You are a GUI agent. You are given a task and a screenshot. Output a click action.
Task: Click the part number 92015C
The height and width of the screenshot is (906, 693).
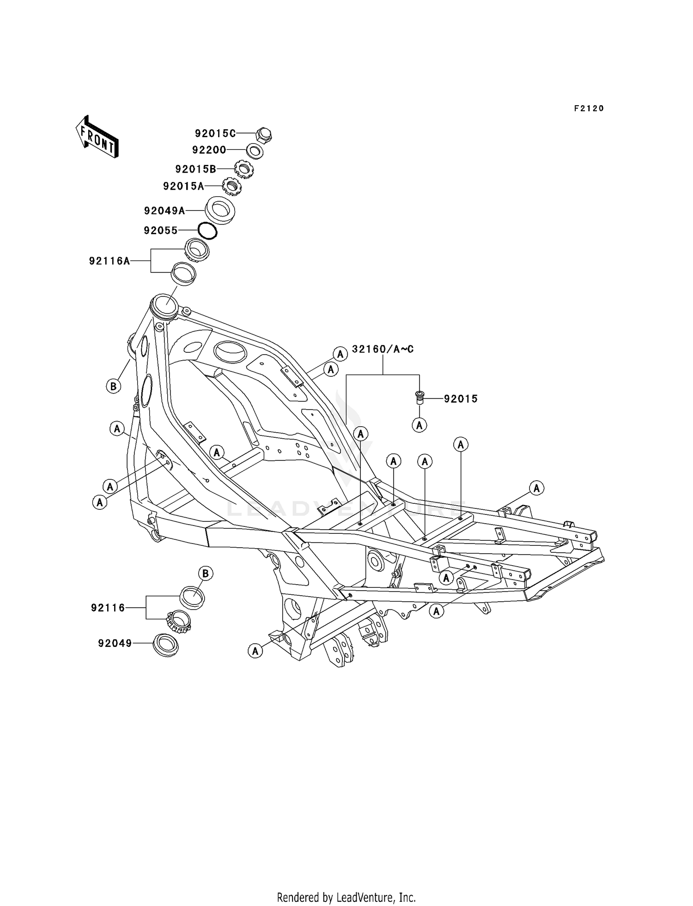[215, 134]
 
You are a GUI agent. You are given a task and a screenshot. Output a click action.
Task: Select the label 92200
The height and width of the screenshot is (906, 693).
[209, 150]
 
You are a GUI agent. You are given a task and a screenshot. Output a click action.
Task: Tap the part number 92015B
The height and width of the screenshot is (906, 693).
[195, 169]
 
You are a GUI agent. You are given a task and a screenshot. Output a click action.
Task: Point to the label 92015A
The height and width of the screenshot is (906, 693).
[183, 186]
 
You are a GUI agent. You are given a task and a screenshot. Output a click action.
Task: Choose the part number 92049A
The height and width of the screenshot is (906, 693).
[164, 211]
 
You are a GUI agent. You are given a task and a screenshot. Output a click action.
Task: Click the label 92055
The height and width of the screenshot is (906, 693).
[160, 230]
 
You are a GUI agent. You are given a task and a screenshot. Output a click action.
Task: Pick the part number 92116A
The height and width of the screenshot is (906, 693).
[109, 261]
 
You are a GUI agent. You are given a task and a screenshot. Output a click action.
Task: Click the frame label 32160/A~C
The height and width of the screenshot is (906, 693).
[383, 350]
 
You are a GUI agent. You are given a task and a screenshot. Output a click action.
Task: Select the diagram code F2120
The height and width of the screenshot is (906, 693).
[589, 109]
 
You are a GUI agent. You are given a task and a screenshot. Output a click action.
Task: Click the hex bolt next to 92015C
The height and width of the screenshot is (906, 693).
[263, 135]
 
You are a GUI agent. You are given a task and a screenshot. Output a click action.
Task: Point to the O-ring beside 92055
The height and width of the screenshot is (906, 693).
[207, 230]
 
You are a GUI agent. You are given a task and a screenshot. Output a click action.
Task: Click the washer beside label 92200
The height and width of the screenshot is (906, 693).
[255, 151]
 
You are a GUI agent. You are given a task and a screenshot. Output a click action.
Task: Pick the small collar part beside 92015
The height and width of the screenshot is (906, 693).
[419, 397]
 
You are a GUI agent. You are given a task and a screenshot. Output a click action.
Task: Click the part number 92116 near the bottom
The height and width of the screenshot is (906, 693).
[108, 608]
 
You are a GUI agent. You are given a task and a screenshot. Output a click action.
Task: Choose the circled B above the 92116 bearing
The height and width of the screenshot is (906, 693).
[206, 574]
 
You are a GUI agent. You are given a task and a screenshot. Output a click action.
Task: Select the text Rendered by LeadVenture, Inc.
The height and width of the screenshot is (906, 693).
[346, 897]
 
